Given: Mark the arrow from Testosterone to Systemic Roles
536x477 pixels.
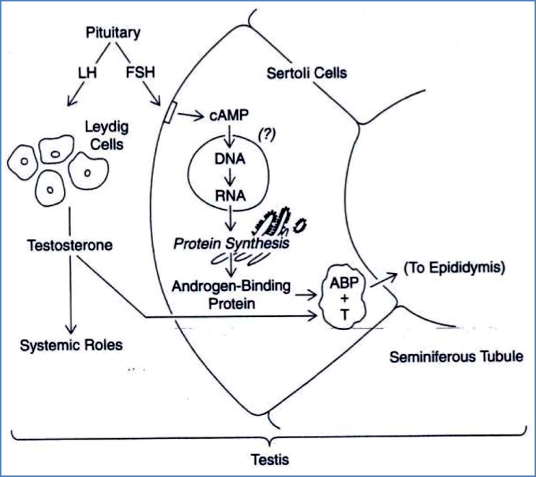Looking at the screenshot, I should point(71,295).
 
